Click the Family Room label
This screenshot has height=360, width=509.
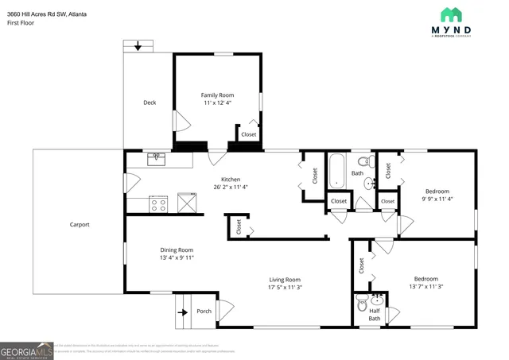(217, 95)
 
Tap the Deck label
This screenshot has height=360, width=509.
(150, 103)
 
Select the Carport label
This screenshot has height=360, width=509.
(79, 225)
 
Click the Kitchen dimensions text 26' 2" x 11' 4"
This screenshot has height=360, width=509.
(231, 188)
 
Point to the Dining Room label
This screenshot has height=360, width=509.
(177, 250)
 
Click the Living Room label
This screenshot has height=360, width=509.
(285, 280)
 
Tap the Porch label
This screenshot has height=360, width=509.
(204, 311)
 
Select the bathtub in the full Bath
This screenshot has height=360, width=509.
(337, 170)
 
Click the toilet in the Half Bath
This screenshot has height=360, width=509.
(363, 302)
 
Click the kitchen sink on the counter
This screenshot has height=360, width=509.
(156, 159)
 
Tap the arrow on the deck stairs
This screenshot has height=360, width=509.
(139, 47)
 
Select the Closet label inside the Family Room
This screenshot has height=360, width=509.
(249, 135)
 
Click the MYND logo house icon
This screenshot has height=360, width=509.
(452, 14)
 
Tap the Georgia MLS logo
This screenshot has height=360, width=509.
(27, 350)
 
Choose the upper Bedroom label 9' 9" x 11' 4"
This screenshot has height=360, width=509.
(437, 192)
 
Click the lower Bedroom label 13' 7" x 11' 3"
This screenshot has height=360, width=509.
(425, 279)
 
